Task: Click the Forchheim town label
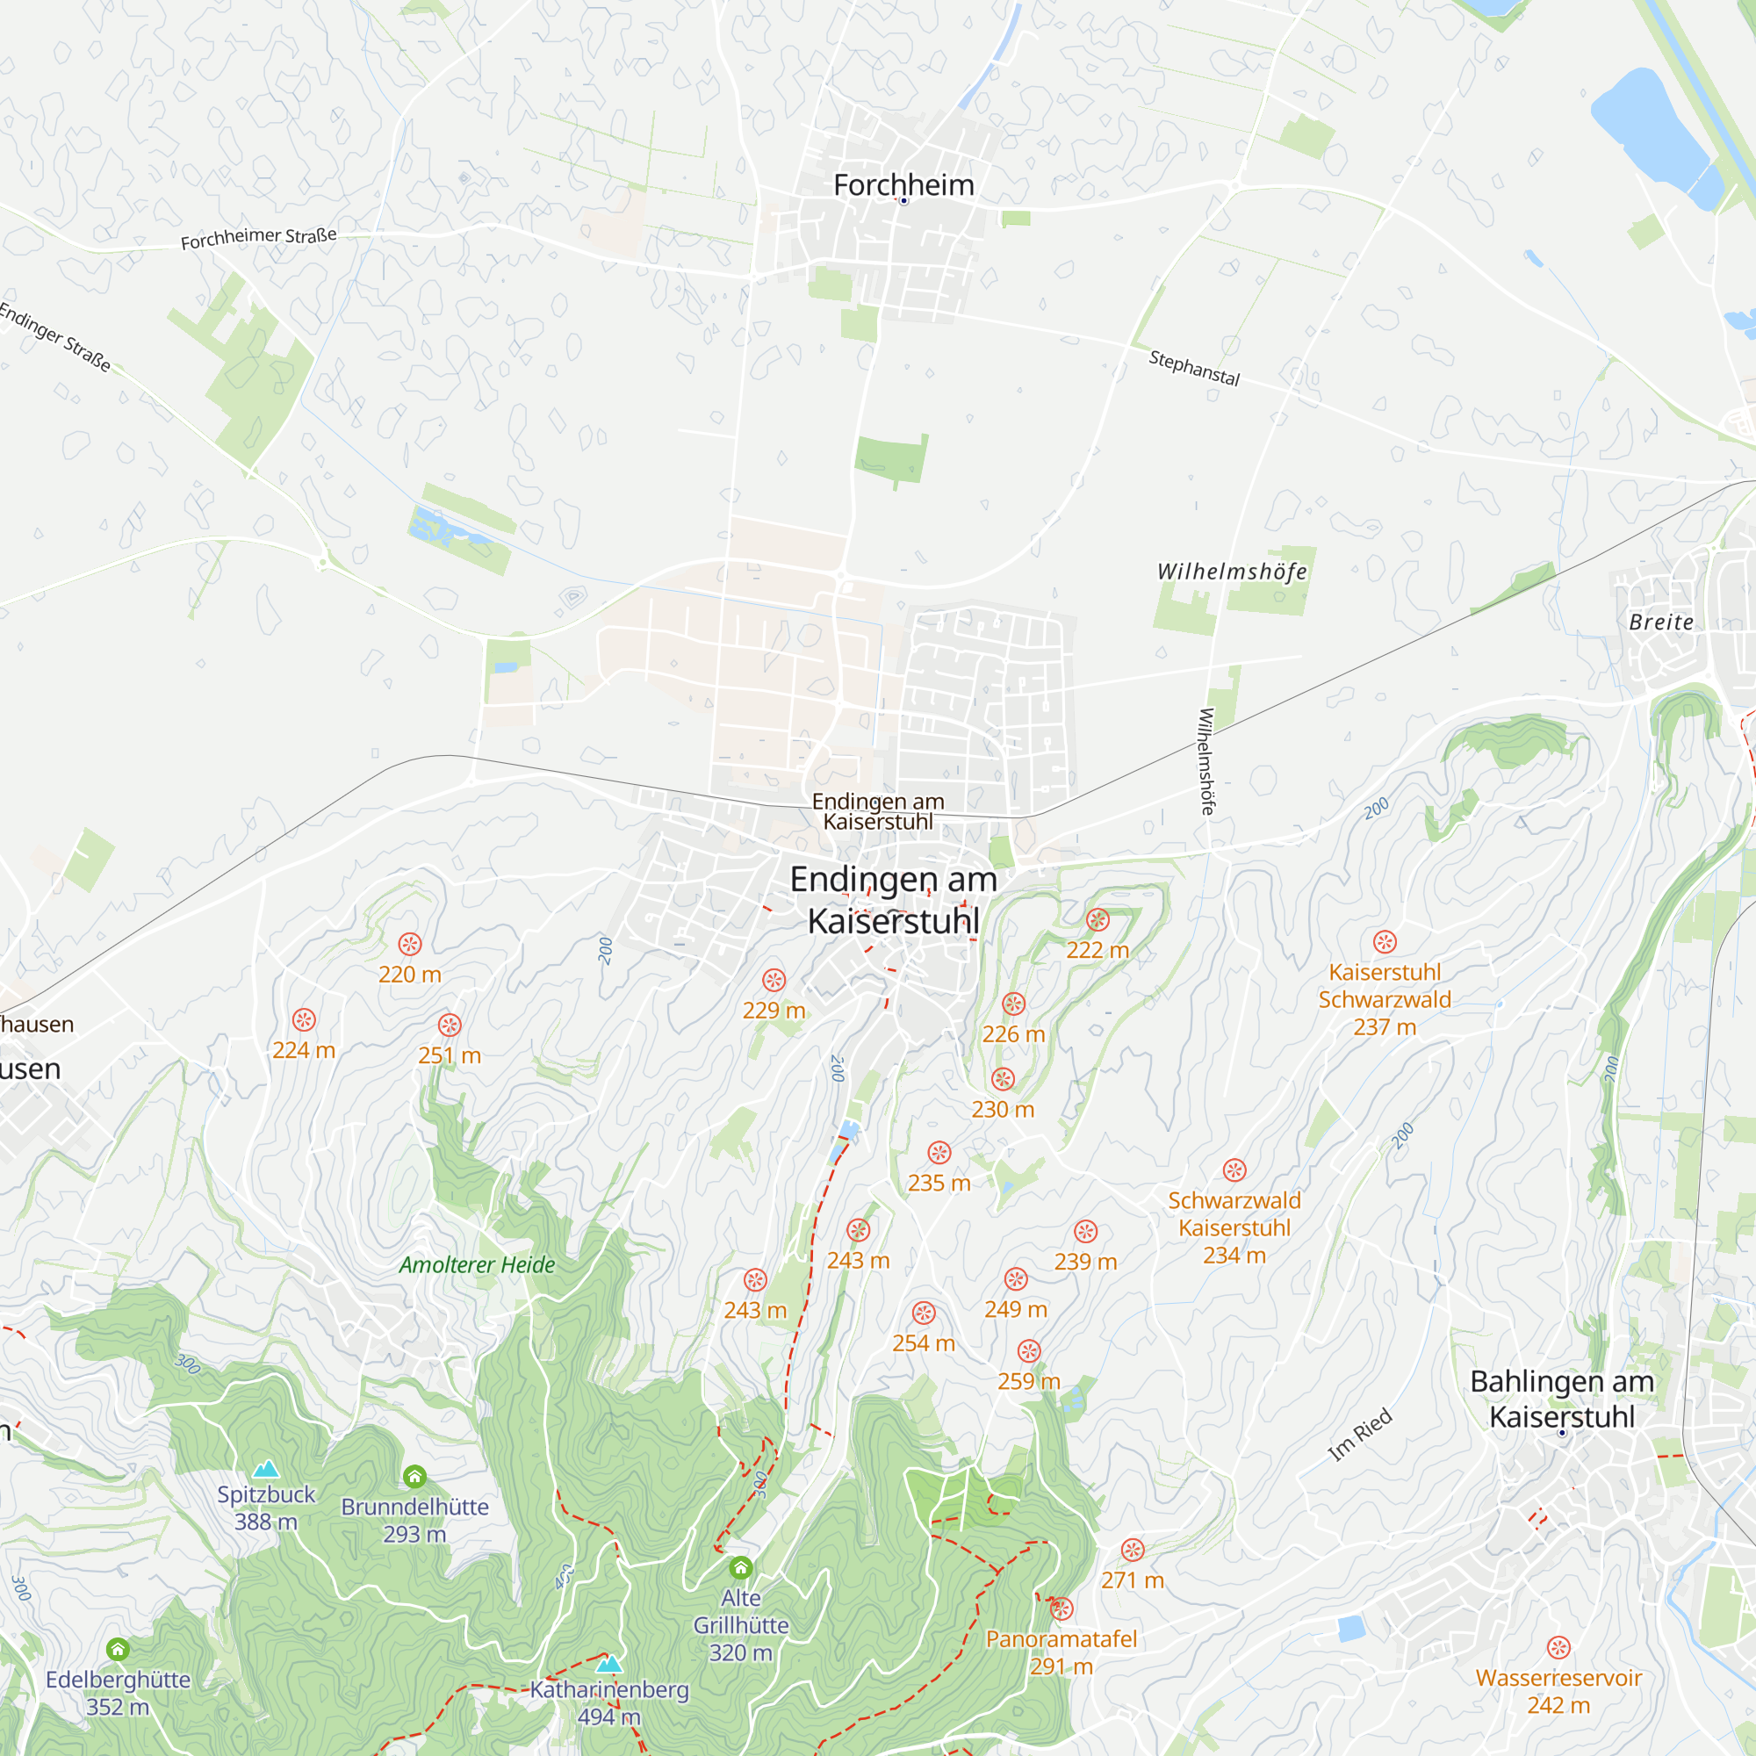pyautogui.click(x=903, y=185)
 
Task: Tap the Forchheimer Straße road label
pyautogui.click(x=258, y=238)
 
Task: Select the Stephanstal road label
pyautogui.click(x=1193, y=367)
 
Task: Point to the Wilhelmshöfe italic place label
pyautogui.click(x=1232, y=572)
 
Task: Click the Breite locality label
pyautogui.click(x=1660, y=623)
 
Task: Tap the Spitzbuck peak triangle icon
pyautogui.click(x=265, y=1470)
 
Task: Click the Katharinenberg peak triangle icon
pyautogui.click(x=609, y=1664)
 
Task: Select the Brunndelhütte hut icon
pyautogui.click(x=414, y=1476)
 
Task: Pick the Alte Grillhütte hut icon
pyautogui.click(x=741, y=1567)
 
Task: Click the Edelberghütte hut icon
pyautogui.click(x=119, y=1649)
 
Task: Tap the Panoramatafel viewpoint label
pyautogui.click(x=1061, y=1638)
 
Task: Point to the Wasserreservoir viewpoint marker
pyautogui.click(x=1558, y=1647)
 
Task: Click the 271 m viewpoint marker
pyautogui.click(x=1132, y=1550)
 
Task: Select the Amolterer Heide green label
pyautogui.click(x=476, y=1264)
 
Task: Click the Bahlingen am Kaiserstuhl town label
pyautogui.click(x=1561, y=1399)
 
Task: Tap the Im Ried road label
pyautogui.click(x=1360, y=1436)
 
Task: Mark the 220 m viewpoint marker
pyautogui.click(x=410, y=945)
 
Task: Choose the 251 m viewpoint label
pyautogui.click(x=449, y=1055)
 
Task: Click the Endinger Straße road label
pyautogui.click(x=55, y=337)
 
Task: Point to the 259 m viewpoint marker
pyautogui.click(x=1029, y=1350)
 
